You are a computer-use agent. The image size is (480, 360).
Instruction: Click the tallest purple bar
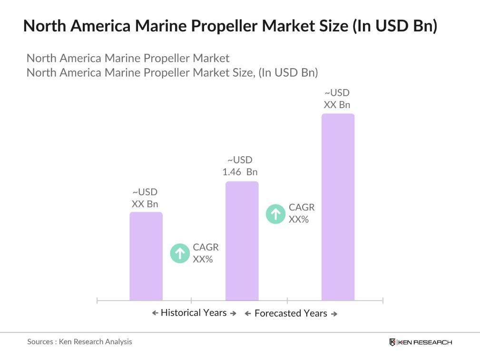pos(338,207)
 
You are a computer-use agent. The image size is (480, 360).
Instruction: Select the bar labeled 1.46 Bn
pos(242,241)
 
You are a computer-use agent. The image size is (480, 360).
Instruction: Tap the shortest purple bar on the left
pos(146,256)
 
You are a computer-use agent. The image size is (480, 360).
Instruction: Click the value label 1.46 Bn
pos(240,172)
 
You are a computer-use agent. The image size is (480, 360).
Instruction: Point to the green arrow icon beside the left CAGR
pos(180,253)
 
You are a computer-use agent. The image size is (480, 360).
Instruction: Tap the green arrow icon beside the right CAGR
pos(275,214)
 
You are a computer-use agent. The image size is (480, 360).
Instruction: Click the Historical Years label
pos(194,313)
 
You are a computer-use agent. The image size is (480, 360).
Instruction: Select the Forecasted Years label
pos(291,313)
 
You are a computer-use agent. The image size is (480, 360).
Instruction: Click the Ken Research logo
pos(420,342)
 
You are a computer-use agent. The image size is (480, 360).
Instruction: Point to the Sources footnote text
pos(79,341)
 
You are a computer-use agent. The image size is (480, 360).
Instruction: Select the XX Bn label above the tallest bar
pos(337,104)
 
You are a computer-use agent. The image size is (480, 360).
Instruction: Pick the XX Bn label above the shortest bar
pos(145,204)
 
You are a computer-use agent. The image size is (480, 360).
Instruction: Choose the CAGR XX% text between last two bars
pos(301,213)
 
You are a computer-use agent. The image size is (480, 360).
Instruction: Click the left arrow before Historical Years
pos(155,313)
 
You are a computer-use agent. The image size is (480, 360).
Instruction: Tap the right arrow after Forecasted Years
pos(334,314)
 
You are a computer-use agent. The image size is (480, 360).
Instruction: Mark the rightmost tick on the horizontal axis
pos(382,300)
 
